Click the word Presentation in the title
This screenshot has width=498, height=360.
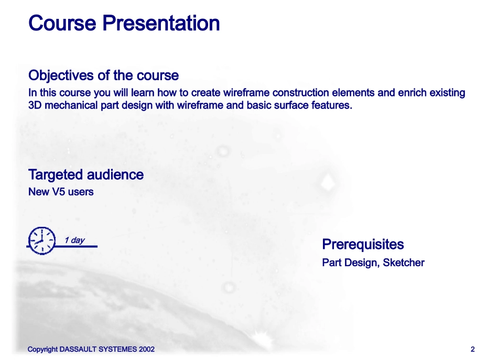point(161,23)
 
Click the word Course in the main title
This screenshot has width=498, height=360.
point(62,23)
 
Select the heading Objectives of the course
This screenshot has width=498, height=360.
point(104,75)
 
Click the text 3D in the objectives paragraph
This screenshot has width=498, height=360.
point(35,105)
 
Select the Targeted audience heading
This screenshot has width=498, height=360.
point(86,175)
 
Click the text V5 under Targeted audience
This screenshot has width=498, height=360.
point(59,192)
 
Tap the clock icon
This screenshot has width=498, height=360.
point(41,241)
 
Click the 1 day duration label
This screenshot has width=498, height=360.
point(74,240)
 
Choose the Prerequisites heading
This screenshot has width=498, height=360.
point(363,244)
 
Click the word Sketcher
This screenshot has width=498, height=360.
point(404,263)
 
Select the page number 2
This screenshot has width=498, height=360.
point(473,349)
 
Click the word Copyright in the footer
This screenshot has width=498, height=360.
point(42,350)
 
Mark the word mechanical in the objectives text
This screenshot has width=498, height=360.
point(71,105)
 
